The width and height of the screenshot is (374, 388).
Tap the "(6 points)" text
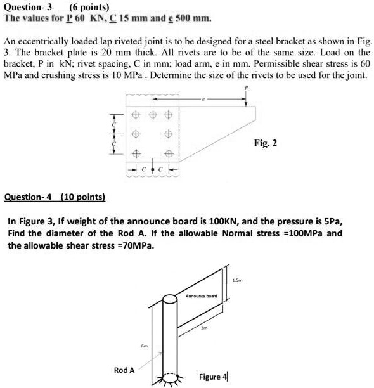pyautogui.click(x=87, y=6)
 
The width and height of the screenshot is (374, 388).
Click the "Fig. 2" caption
pyautogui.click(x=265, y=144)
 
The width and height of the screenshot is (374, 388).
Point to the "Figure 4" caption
pyautogui.click(x=213, y=377)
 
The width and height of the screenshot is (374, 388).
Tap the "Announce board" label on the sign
pyautogui.click(x=201, y=296)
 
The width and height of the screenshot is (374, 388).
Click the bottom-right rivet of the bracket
pyautogui.click(x=169, y=155)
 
